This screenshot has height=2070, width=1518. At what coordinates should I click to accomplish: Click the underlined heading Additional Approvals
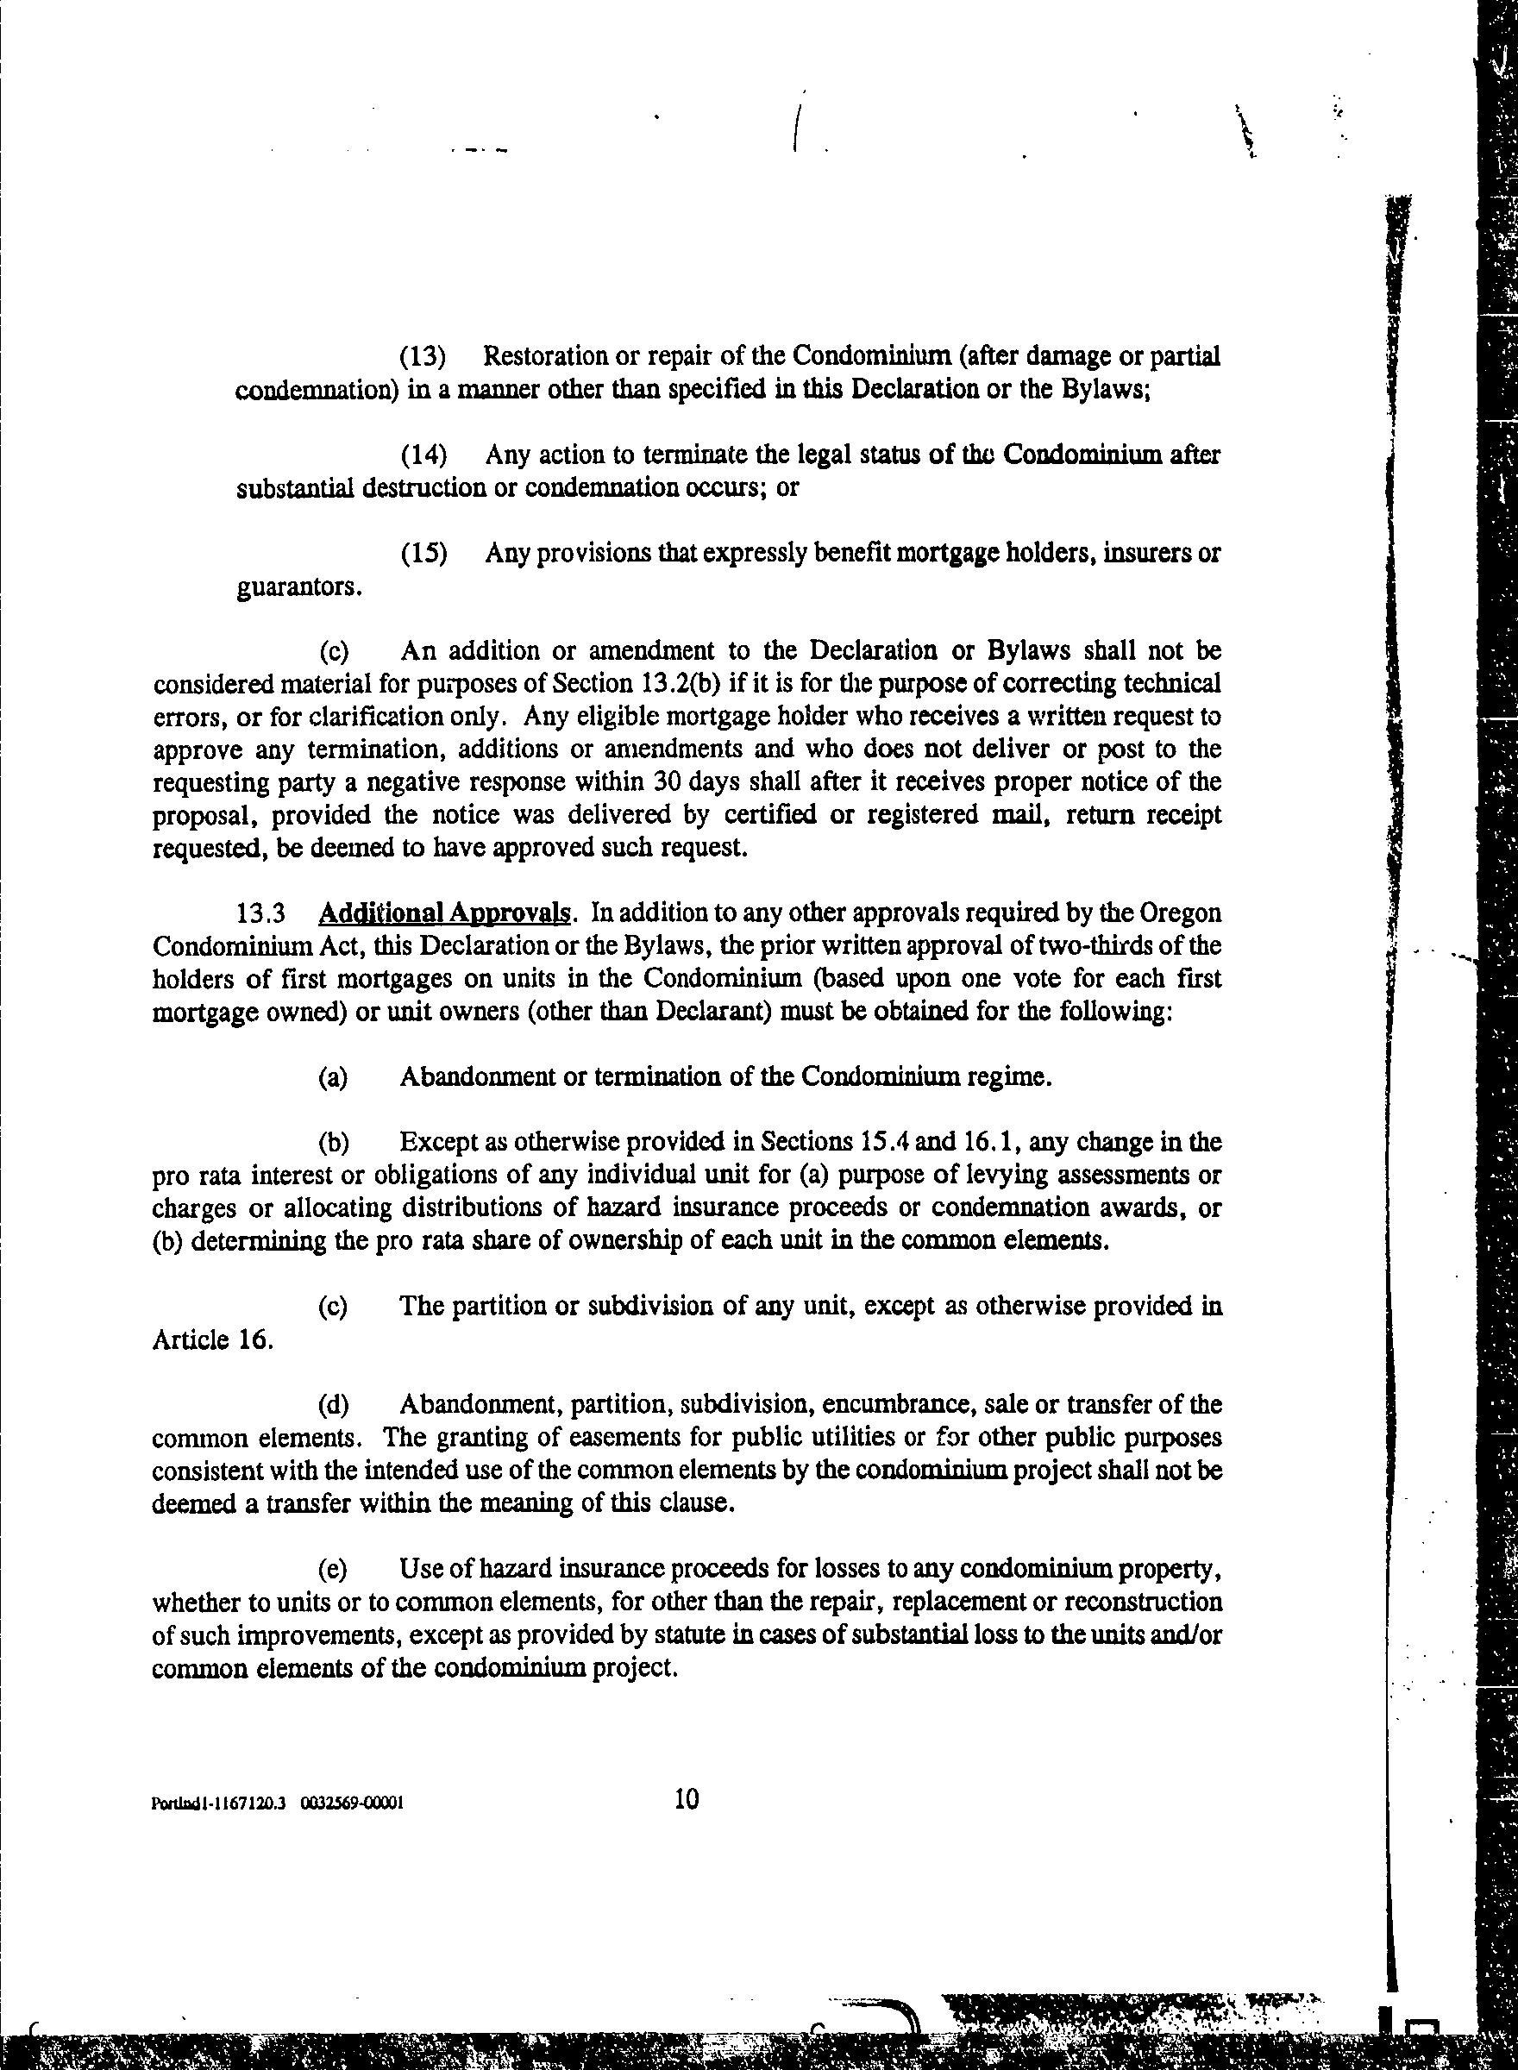(x=444, y=913)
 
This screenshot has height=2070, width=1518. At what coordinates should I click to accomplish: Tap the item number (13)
(x=423, y=355)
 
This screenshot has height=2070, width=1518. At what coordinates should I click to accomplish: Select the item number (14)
(x=423, y=455)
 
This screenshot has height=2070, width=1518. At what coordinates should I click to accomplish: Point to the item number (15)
(x=423, y=553)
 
